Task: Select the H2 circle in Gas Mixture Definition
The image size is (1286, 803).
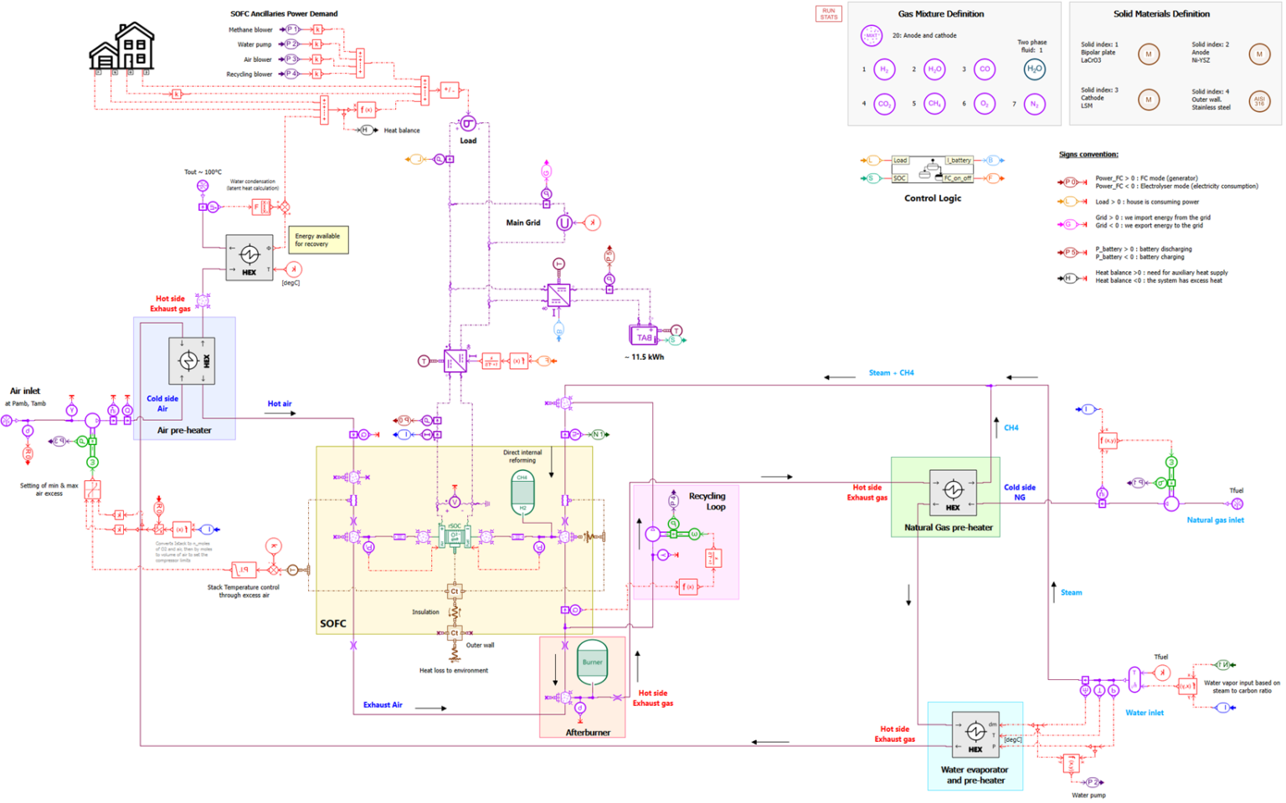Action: (x=884, y=69)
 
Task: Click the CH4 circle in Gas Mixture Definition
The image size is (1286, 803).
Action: (x=934, y=104)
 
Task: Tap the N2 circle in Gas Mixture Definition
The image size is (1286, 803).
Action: (x=1035, y=105)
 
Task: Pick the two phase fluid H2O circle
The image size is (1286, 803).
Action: (x=1034, y=69)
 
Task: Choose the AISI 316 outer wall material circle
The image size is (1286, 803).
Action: (x=1258, y=101)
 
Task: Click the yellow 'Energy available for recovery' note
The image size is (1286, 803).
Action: (x=318, y=240)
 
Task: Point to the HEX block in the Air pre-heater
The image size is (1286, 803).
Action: (x=192, y=361)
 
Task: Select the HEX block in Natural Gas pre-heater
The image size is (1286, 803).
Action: (x=953, y=492)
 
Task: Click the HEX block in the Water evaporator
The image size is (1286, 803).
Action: (x=975, y=734)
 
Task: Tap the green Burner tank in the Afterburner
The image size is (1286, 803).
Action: (x=592, y=662)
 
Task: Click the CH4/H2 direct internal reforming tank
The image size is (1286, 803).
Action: (x=522, y=493)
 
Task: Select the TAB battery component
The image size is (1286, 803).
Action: (x=643, y=336)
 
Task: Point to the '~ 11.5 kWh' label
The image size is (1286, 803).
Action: (x=644, y=357)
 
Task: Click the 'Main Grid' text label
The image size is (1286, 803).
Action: (x=523, y=222)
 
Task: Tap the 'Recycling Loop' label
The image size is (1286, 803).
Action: (x=707, y=501)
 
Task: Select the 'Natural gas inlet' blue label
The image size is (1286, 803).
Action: (x=1215, y=520)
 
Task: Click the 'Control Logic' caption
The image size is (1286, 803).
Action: (x=933, y=198)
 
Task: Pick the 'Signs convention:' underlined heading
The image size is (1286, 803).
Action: (x=1088, y=155)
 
